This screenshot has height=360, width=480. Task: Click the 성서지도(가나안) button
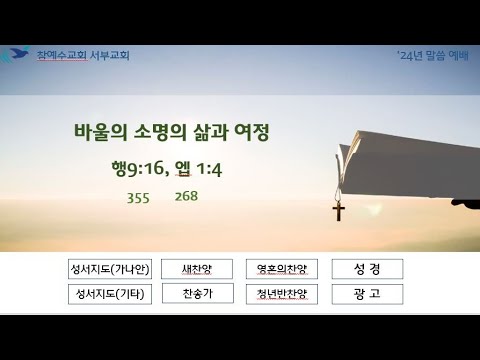click(110, 269)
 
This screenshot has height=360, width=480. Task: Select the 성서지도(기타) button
click(110, 294)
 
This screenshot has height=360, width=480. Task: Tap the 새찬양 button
click(197, 269)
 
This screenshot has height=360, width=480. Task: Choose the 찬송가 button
click(198, 294)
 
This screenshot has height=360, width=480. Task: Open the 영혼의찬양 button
click(282, 269)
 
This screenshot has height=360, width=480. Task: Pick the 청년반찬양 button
click(282, 294)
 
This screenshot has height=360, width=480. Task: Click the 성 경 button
click(367, 269)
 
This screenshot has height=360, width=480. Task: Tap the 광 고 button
click(367, 294)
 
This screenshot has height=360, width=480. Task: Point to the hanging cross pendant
click(339, 211)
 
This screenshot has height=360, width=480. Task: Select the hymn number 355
click(138, 198)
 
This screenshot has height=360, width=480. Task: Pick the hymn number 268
click(186, 196)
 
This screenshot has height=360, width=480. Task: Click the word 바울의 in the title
click(100, 132)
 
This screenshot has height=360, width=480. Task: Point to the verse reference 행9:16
click(138, 168)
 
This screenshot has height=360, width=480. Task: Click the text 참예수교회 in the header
click(62, 55)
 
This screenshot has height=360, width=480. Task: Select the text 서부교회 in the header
click(110, 55)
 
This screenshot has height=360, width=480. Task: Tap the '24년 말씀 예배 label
click(433, 55)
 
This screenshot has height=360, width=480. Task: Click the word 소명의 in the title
click(160, 132)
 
